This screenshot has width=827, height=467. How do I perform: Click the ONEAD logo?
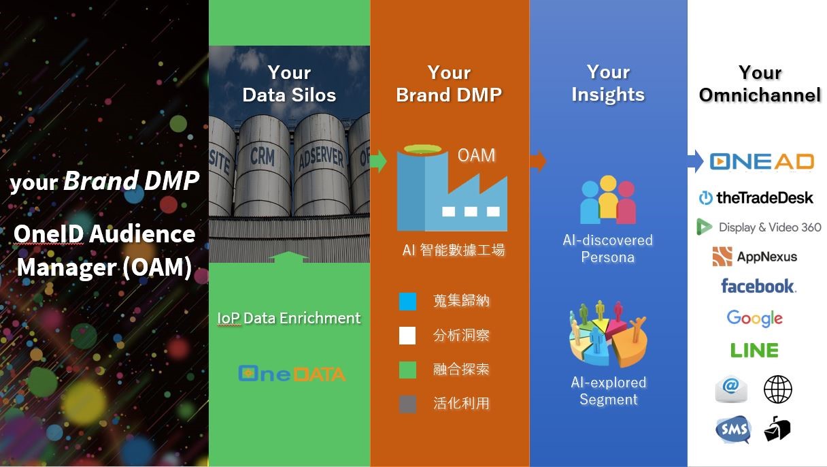762,162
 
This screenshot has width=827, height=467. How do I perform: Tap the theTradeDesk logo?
756,197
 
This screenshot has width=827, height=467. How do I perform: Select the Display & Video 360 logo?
759,227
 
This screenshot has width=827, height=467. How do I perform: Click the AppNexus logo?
755,257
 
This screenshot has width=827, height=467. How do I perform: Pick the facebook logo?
758,286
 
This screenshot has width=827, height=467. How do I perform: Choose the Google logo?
755,319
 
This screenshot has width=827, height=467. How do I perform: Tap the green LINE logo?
754,350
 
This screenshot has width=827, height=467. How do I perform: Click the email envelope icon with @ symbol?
731,389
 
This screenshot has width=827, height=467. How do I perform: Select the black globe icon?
777,389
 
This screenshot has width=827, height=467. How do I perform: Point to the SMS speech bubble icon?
733,430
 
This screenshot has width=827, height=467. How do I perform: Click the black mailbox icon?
777,429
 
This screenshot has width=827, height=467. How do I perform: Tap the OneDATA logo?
292,374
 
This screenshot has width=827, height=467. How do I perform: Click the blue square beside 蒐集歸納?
407,301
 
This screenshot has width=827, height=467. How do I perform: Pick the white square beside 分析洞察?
407,336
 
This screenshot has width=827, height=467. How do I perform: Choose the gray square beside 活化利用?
407,404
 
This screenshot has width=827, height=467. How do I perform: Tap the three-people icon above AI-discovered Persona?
608,199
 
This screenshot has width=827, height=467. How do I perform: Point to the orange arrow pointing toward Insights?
538,161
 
